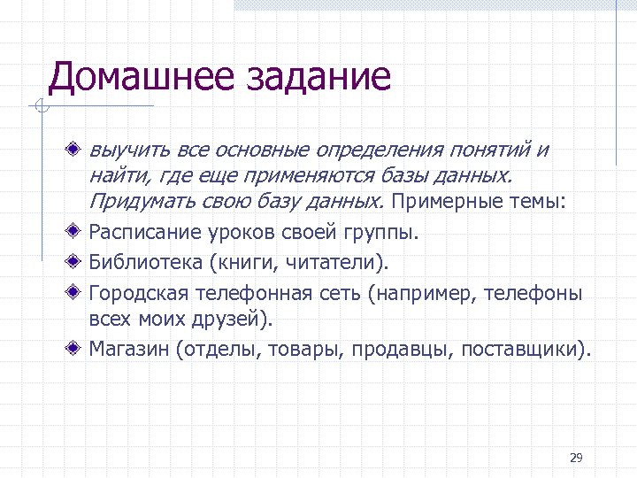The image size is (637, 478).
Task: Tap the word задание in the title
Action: coord(314,77)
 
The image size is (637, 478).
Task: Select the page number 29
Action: coord(576,458)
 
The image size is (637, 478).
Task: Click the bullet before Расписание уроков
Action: coord(79,233)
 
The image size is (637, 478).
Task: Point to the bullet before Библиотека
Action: coord(79,262)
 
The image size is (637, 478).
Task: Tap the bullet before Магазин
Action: coord(79,349)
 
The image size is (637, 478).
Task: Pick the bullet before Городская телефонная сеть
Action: coord(79,291)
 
